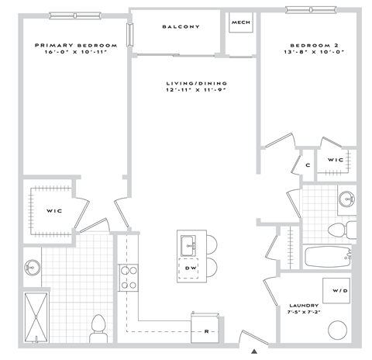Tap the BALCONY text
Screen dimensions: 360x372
click(181, 27)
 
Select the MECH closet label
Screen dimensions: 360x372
click(239, 22)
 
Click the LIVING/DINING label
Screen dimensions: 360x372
click(193, 84)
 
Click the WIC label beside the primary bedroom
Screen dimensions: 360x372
click(54, 209)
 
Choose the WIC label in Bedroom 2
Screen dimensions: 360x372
click(335, 160)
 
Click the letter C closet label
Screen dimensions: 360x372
click(307, 165)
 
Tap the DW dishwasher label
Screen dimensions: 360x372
click(190, 268)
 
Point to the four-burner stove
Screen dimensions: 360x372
click(127, 277)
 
